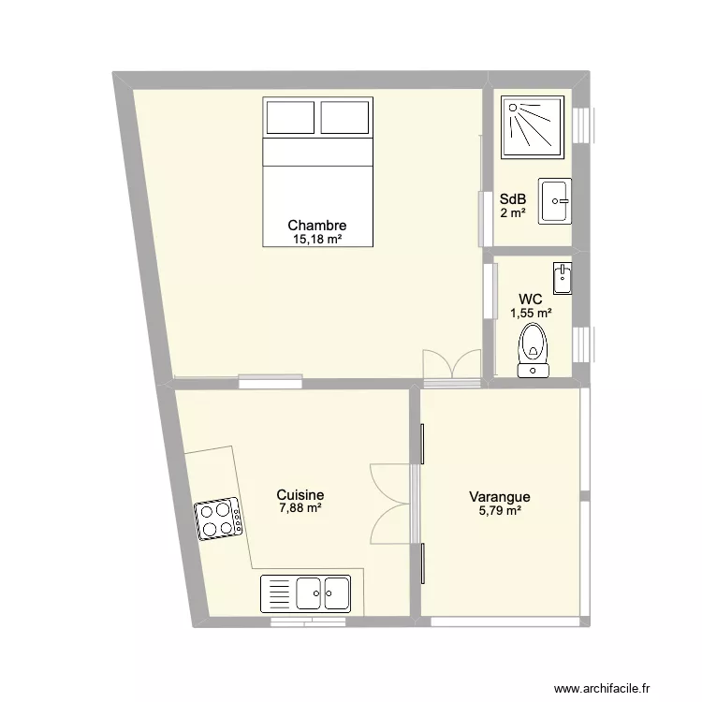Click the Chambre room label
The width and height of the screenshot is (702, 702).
317,226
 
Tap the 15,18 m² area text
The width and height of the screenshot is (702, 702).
317,240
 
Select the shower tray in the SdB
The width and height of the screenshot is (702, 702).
533,127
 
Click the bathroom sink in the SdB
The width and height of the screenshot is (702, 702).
556,200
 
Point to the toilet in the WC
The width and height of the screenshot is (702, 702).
534,348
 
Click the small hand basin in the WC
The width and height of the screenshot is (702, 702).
563,277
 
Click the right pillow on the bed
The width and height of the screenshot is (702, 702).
345,118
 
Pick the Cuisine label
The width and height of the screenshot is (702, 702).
300,495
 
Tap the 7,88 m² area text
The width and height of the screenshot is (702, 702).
300,509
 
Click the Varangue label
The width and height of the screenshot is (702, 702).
500,498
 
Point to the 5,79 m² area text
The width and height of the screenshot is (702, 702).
500,511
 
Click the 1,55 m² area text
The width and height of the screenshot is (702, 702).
531,314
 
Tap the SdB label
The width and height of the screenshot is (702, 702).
513,199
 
